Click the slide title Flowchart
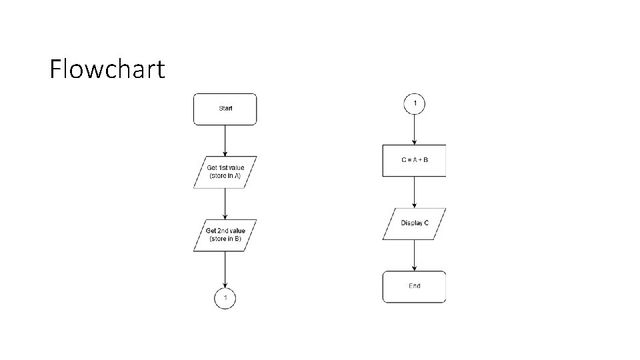[107, 69]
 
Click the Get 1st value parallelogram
[225, 172]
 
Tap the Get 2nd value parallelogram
[225, 235]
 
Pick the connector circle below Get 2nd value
[225, 297]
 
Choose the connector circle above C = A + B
[415, 104]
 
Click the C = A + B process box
[414, 161]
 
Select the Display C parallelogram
[415, 223]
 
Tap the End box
[414, 287]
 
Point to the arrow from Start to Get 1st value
[225, 141]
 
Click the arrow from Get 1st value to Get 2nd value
[225, 203]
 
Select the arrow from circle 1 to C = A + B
[415, 129]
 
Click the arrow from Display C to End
[415, 255]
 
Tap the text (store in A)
[225, 176]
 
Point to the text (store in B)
[225, 239]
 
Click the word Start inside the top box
[225, 108]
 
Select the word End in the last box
[414, 286]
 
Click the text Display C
[415, 223]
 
